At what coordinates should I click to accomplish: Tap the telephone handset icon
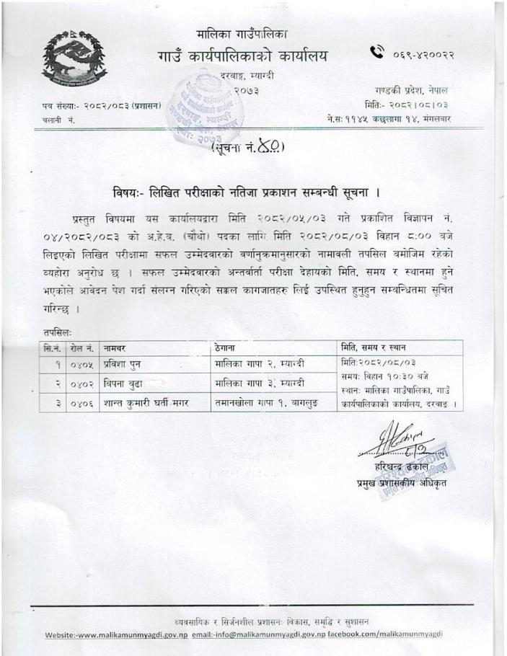[377, 53]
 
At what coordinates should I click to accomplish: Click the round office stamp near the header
[200, 106]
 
